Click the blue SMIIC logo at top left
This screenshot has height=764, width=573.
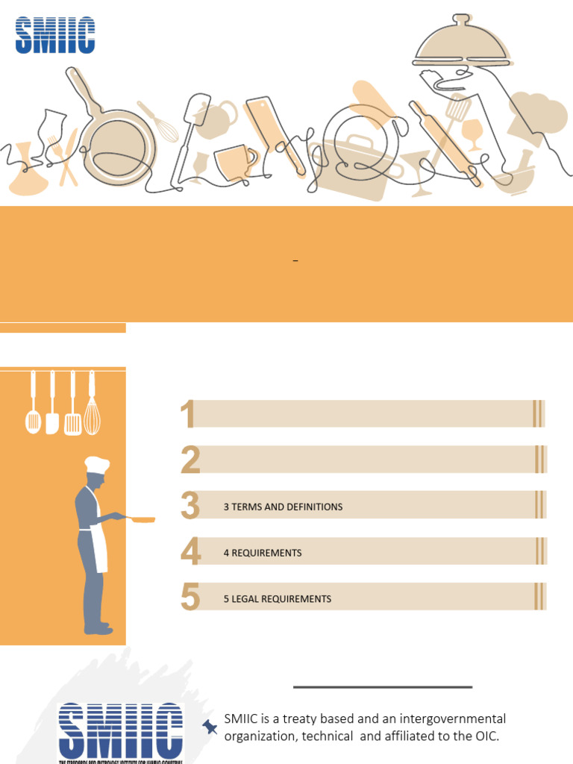point(55,36)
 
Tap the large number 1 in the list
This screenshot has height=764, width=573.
point(187,414)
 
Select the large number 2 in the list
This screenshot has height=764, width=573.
point(190,460)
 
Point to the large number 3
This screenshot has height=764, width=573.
point(190,506)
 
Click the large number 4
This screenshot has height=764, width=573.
point(191,552)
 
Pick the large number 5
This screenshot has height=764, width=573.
point(190,598)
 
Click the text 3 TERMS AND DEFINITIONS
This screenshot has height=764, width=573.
point(283,507)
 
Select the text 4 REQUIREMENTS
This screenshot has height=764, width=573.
point(263,553)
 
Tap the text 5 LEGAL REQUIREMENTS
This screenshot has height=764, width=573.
point(277,599)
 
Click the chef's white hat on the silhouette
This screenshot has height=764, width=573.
point(96,464)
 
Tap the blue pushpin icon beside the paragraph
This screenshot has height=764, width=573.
point(210,726)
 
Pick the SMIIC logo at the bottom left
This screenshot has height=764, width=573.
point(120,731)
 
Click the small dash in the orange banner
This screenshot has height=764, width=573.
point(295,260)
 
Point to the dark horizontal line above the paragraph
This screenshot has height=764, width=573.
point(383,686)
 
